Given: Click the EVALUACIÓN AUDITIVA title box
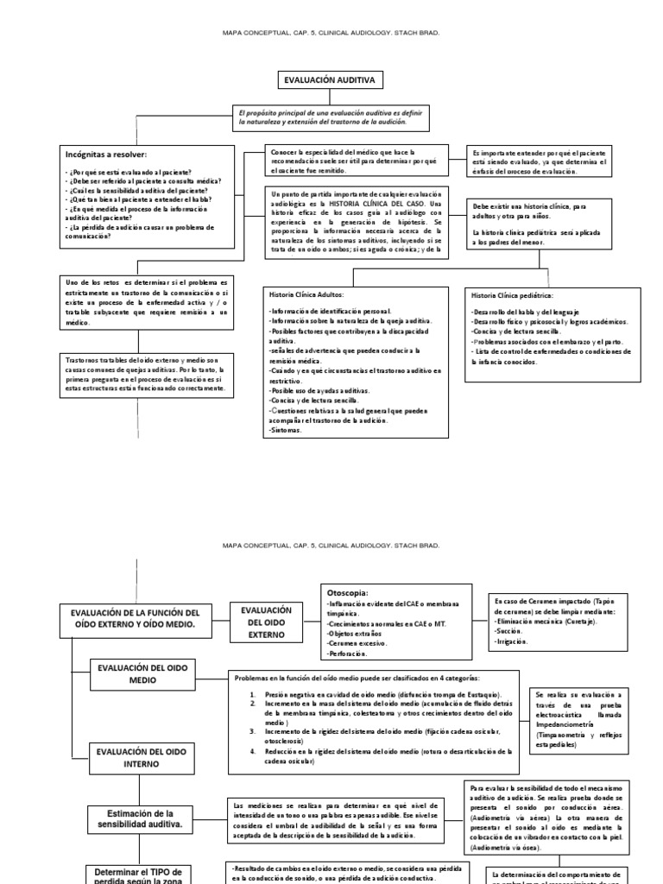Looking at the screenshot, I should [x=329, y=80].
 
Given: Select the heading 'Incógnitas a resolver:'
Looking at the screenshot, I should [x=104, y=155].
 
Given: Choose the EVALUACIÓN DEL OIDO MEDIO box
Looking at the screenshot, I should [x=143, y=674].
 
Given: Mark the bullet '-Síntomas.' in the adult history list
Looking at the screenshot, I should [x=284, y=429].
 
